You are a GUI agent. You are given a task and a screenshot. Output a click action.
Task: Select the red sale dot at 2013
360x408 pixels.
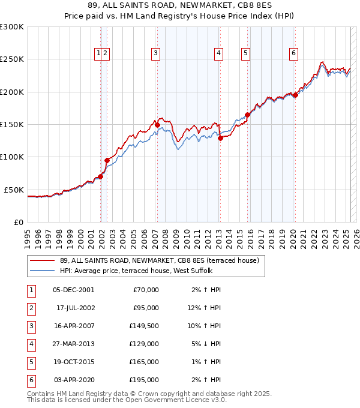click(220, 138)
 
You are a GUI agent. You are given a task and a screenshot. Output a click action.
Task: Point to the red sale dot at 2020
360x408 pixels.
click(295, 95)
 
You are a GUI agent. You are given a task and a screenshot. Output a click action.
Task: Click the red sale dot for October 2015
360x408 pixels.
click(247, 115)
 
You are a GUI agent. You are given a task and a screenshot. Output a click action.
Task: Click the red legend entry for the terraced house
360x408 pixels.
click(159, 260)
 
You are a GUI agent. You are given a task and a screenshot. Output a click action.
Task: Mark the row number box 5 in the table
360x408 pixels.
click(30, 362)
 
